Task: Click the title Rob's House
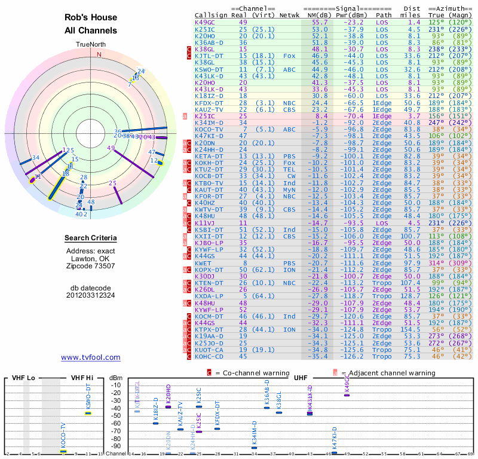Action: click(x=91, y=17)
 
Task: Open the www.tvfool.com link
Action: click(x=91, y=357)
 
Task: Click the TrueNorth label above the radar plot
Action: click(x=90, y=45)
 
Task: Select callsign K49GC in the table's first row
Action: click(x=205, y=22)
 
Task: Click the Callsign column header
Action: click(x=209, y=14)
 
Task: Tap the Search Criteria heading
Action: click(x=91, y=238)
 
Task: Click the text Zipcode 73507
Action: click(x=91, y=267)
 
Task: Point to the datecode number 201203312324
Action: click(x=91, y=295)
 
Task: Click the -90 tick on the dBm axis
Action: click(x=116, y=446)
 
